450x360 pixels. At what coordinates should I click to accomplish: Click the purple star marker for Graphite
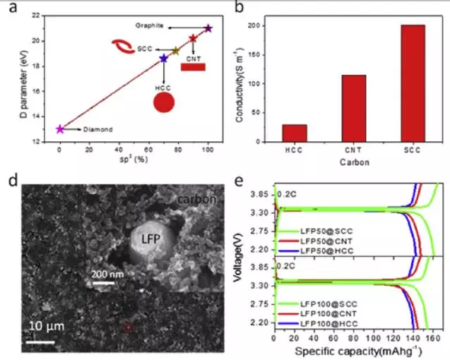[x=208, y=28]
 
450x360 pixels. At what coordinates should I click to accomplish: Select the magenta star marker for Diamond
[x=60, y=129]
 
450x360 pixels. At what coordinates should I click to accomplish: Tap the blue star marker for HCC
[x=164, y=59]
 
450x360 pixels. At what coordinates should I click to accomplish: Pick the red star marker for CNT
[x=193, y=38]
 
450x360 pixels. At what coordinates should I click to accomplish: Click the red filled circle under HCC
[x=164, y=103]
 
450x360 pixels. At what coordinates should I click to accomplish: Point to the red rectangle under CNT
[x=193, y=67]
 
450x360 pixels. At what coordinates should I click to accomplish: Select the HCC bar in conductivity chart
[x=295, y=133]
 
